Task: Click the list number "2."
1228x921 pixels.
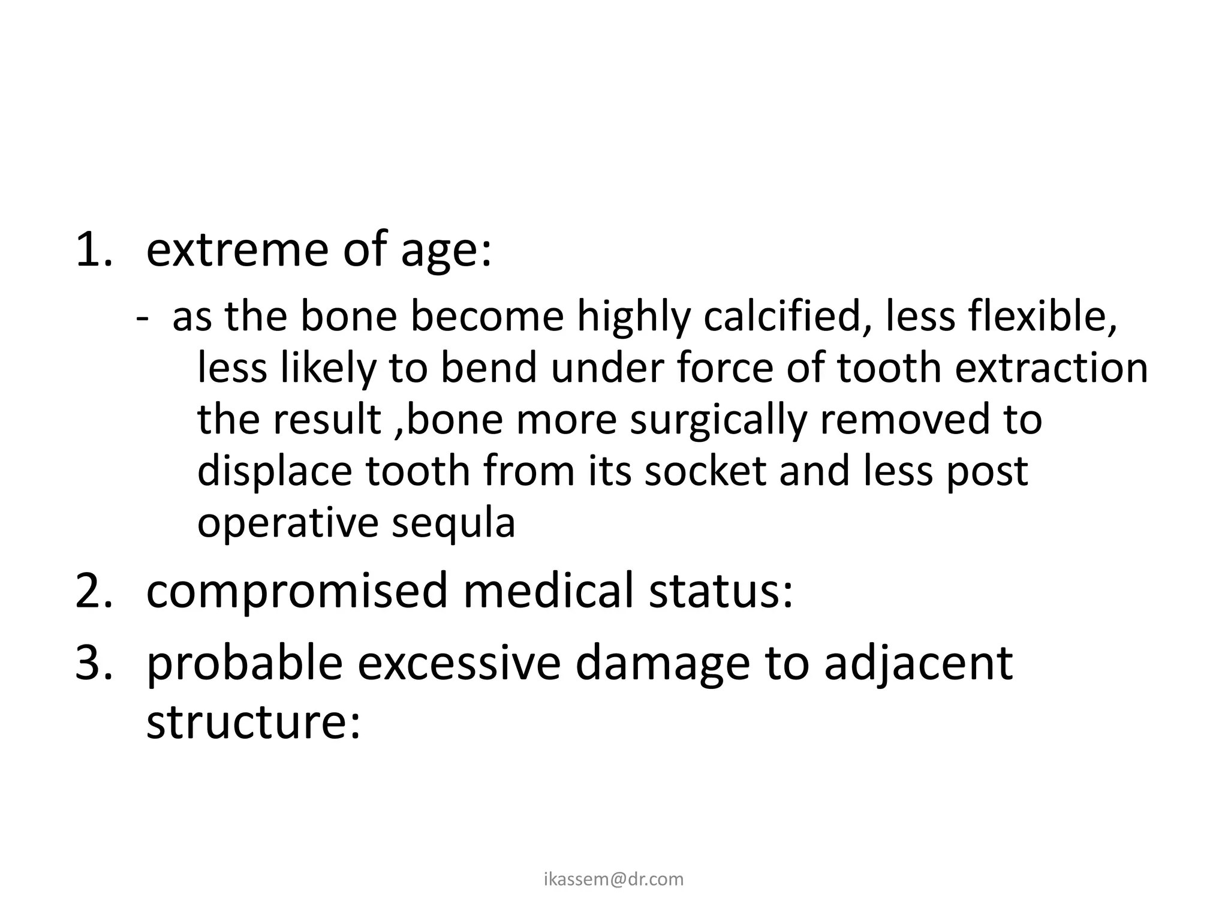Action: click(x=94, y=590)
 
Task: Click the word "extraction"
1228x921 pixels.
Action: click(x=1051, y=368)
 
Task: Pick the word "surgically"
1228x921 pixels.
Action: click(x=718, y=419)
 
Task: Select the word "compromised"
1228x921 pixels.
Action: click(x=297, y=591)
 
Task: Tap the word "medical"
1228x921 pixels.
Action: click(x=548, y=590)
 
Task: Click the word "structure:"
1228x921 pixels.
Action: click(x=253, y=722)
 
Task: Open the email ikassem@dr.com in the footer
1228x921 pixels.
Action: click(x=613, y=879)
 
